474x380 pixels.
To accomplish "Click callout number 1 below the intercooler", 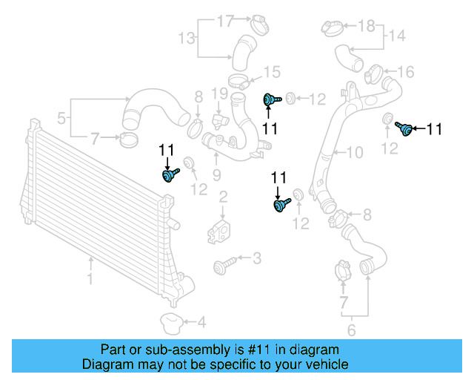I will (90, 280).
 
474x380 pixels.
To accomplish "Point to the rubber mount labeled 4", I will (172, 324).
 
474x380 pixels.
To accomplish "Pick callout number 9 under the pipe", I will (217, 174).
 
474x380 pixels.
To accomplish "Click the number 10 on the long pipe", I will (355, 154).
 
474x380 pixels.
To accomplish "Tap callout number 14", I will (397, 35).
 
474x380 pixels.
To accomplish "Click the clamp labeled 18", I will (333, 28).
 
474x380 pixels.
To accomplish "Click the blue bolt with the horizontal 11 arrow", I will (405, 128).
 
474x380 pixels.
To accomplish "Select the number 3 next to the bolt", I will (256, 258).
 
